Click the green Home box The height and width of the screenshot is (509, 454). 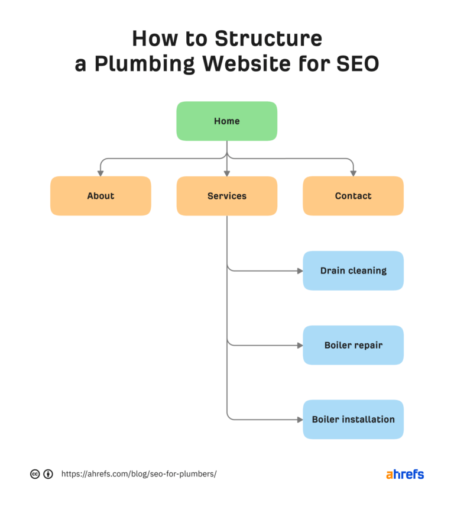(x=226, y=121)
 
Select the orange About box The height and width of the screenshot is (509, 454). (x=100, y=196)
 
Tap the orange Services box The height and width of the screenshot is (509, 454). (x=226, y=196)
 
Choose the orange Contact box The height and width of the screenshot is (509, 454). (x=353, y=196)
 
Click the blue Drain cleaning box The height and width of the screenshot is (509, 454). (x=353, y=270)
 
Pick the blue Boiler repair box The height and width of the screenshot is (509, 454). (x=353, y=345)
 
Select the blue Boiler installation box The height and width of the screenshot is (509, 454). (x=353, y=419)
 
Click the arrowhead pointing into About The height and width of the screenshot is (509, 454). (x=100, y=173)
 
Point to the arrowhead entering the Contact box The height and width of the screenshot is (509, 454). (x=353, y=173)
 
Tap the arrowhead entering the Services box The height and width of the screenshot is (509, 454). (x=227, y=173)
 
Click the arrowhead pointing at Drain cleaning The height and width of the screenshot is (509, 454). (x=299, y=271)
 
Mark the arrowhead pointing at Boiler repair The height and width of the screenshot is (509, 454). (x=299, y=345)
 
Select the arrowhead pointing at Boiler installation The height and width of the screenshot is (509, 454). (x=299, y=420)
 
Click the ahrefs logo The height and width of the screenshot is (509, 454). (x=405, y=474)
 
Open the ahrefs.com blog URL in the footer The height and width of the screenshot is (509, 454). (x=139, y=474)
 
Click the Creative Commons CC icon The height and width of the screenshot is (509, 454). (x=35, y=474)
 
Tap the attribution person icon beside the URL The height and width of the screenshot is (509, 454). (x=48, y=474)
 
